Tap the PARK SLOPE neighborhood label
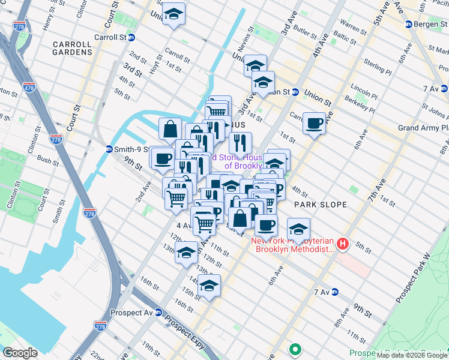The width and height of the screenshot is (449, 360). click(321, 205)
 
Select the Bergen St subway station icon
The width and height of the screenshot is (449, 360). click(408, 24)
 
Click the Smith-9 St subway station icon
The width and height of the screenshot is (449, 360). click(109, 149)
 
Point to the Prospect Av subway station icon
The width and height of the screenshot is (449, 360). click(158, 313)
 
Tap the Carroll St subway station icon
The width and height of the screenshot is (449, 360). click(131, 37)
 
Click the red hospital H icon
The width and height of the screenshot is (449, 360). click(342, 244)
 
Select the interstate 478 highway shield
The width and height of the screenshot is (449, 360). click(29, 90)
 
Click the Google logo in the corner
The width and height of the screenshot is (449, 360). click(20, 353)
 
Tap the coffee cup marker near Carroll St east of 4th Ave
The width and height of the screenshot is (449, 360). click(314, 124)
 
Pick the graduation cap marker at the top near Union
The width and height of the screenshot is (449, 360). click(173, 14)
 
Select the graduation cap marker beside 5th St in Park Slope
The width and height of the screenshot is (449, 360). click(298, 229)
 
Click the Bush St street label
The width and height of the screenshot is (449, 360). click(47, 160)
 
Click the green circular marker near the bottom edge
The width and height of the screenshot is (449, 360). click(295, 349)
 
